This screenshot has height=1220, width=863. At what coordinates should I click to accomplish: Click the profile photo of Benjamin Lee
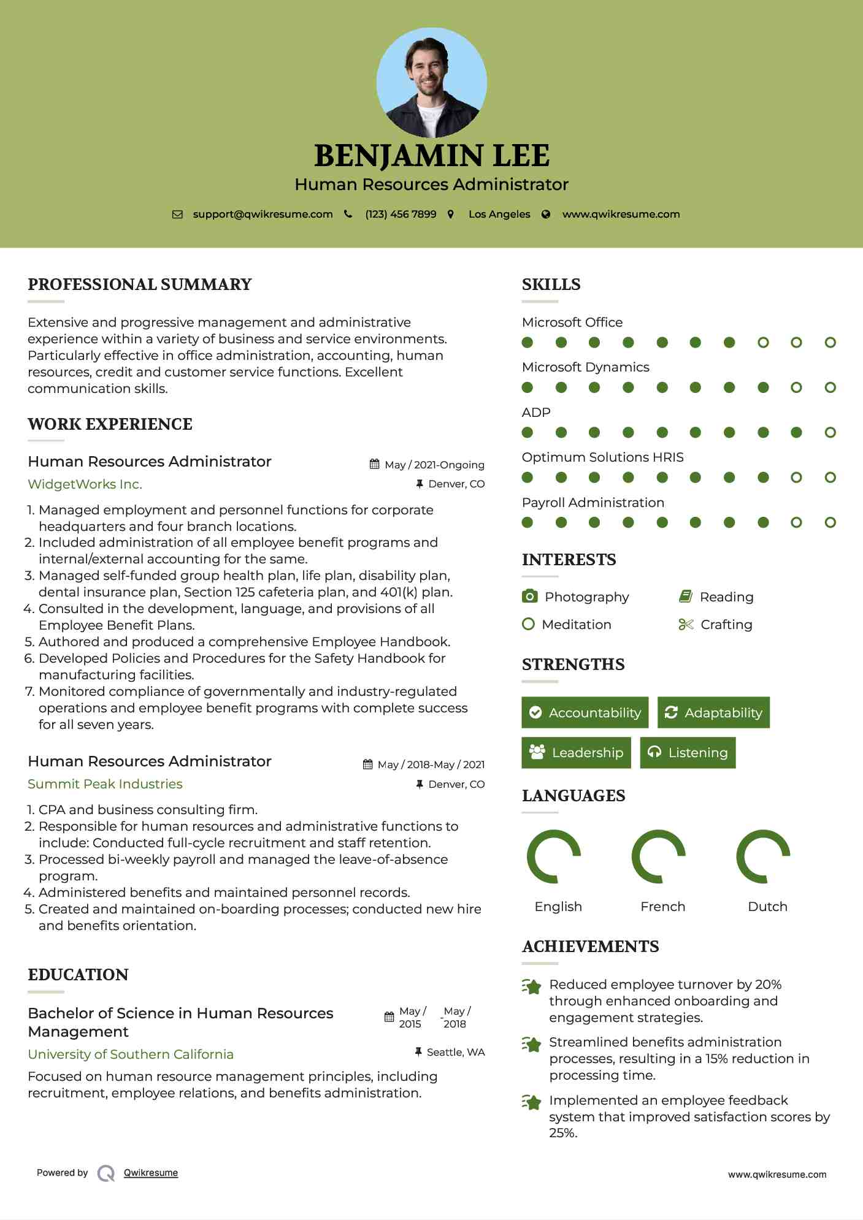[x=431, y=83]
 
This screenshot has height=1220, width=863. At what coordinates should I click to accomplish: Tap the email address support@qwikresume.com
[x=263, y=214]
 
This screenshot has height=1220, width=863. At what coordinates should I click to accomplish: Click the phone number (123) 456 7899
[x=401, y=214]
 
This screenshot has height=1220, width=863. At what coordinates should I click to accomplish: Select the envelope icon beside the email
[x=177, y=214]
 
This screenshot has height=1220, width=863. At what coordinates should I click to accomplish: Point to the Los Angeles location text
[x=499, y=214]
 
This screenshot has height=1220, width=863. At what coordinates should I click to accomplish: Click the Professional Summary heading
[x=140, y=284]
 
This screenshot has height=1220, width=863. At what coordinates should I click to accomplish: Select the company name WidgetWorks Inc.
[x=85, y=484]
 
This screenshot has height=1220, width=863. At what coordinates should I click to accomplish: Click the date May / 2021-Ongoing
[x=434, y=465]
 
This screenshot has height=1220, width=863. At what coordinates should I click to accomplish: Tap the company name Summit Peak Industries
[x=105, y=784]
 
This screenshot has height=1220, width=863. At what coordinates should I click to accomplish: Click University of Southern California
[x=131, y=1054]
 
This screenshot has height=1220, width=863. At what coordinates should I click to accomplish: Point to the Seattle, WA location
[x=455, y=1052]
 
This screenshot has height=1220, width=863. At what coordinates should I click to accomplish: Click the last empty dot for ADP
[x=830, y=433]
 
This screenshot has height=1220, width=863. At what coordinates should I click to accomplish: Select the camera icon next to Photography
[x=529, y=597]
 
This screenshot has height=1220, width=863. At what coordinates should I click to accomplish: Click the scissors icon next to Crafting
[x=686, y=624]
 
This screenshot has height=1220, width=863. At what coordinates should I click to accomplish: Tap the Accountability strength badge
[x=585, y=712]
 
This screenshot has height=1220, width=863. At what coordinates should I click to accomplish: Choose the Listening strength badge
[x=688, y=752]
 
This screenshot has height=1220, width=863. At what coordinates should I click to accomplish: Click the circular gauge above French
[x=658, y=856]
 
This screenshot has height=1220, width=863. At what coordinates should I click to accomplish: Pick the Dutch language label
[x=767, y=906]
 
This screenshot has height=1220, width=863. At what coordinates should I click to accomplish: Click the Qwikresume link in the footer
[x=151, y=1173]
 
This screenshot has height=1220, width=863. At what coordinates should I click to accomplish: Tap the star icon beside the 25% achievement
[x=531, y=1102]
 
